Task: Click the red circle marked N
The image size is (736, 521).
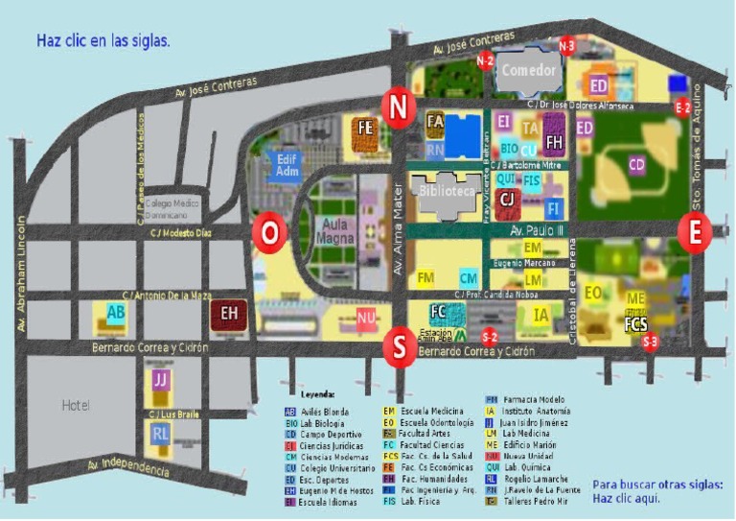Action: (x=397, y=106)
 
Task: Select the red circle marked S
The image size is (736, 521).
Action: (x=399, y=346)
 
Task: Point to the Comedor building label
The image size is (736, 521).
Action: (x=529, y=70)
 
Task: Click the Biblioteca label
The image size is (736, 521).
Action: (x=448, y=191)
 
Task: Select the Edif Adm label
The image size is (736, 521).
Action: (x=288, y=164)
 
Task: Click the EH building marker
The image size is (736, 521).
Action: (x=230, y=312)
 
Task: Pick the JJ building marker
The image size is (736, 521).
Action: (x=161, y=380)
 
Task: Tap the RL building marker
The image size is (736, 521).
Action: (x=161, y=434)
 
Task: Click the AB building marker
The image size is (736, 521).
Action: (x=116, y=312)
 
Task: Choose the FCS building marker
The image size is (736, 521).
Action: (x=636, y=324)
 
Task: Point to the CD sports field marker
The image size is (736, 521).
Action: (x=637, y=165)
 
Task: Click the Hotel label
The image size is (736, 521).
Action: (x=76, y=404)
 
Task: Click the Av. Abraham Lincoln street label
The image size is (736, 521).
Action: (x=18, y=273)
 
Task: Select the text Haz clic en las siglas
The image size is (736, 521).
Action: (x=103, y=40)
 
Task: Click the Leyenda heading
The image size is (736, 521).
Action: (x=318, y=394)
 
